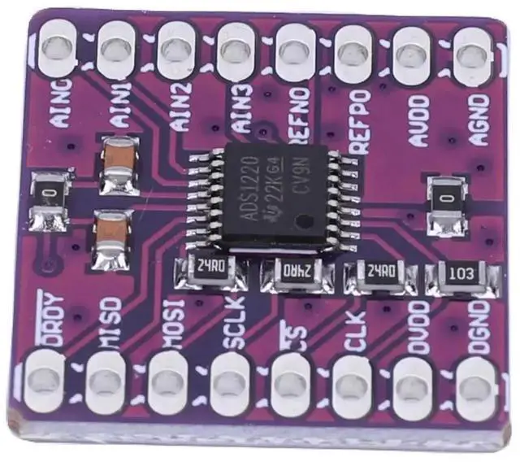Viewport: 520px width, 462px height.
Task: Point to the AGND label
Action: (479, 119)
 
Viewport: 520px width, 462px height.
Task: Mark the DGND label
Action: (478, 327)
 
